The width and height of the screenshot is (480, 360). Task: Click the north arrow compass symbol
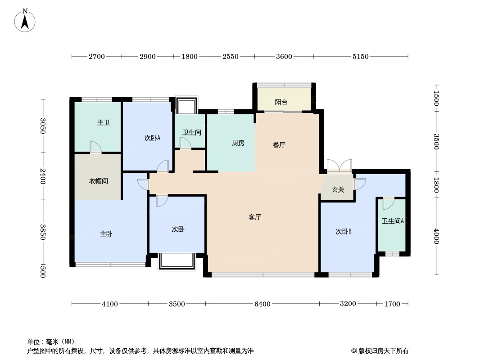point(25,20)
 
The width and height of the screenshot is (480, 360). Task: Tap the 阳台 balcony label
point(281,102)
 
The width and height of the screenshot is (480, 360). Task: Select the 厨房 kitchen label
point(238,143)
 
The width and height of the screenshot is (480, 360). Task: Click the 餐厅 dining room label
point(279,145)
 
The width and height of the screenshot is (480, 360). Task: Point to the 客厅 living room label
point(255,217)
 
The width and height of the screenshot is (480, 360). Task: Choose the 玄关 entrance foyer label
point(338,190)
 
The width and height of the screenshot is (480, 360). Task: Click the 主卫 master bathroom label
point(104,122)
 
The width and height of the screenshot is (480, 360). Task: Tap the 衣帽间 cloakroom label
point(98,181)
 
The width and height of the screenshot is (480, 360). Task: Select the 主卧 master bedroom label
point(106,234)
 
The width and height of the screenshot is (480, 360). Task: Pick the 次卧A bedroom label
point(152,138)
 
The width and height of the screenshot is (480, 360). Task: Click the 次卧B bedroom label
point(343,232)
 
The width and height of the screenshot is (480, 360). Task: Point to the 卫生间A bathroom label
point(393,221)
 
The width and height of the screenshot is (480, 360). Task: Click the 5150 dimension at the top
point(360,57)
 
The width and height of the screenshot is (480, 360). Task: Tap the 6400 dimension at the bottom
point(262,304)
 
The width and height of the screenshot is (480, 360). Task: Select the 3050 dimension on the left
point(43,126)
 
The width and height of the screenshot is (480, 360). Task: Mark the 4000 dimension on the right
point(436,236)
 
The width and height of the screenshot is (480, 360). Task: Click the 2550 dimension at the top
point(230,57)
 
